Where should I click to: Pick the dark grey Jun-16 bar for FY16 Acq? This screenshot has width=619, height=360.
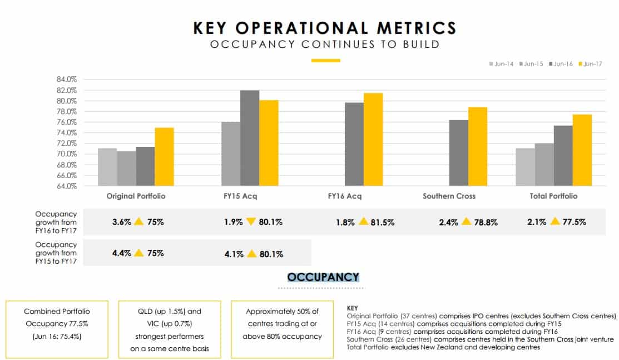tap(354, 144)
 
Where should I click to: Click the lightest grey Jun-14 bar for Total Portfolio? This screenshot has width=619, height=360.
tap(525, 167)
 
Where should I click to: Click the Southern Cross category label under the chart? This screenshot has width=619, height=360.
tap(449, 196)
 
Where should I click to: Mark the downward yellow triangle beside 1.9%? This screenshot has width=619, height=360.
tap(250, 222)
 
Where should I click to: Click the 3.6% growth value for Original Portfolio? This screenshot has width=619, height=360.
tap(121, 222)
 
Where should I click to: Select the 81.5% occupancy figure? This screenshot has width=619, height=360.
tap(384, 222)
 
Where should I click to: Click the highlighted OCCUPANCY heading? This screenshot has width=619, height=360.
tap(323, 277)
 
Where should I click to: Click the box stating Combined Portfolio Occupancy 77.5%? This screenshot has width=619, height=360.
tap(57, 329)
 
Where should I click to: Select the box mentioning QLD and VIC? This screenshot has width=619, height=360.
tap(169, 329)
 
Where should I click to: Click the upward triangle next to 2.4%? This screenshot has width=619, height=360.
tap(466, 222)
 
